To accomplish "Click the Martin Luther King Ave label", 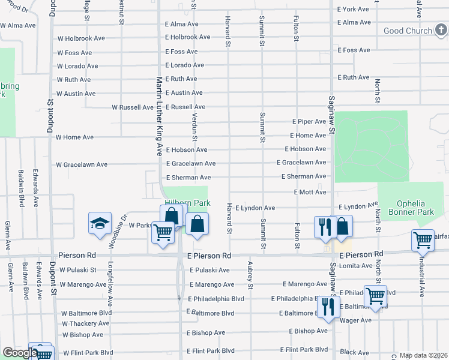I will [160, 115].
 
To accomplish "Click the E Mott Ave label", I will [310, 192].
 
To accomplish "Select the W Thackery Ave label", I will [86, 324].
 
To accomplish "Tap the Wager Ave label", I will [356, 320].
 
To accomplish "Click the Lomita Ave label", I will [356, 265].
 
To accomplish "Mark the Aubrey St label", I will [249, 273].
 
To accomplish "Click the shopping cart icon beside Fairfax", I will [423, 240].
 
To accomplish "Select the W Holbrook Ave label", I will [81, 38].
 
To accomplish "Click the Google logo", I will [20, 352].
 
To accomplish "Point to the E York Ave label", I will [354, 10].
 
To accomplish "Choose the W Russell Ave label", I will [133, 107].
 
